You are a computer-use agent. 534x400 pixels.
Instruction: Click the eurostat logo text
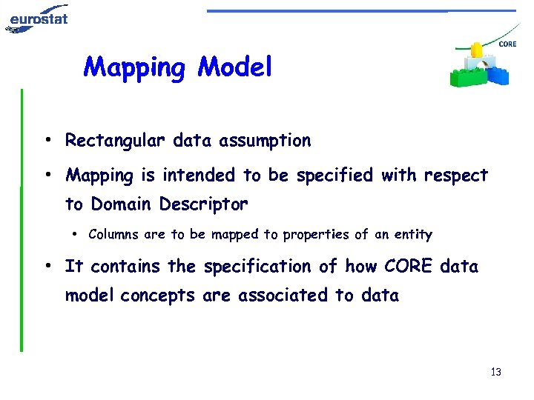[x=39, y=16]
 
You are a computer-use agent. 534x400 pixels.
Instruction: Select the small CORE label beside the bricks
[x=508, y=44]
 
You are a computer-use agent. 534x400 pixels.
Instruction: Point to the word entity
[x=413, y=235]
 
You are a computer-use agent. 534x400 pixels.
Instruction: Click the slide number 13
[x=495, y=372]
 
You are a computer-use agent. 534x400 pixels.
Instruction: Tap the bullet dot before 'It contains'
[x=47, y=266]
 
